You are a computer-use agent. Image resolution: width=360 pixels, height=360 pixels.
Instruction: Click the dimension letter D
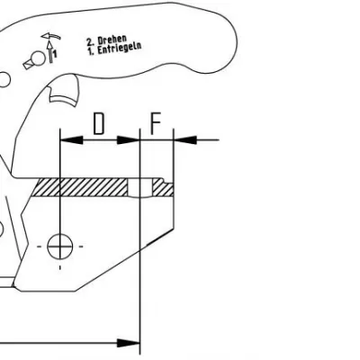(x=99, y=123)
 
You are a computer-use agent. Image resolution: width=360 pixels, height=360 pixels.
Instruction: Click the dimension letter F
(x=156, y=123)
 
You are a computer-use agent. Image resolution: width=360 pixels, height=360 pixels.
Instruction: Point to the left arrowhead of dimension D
(x=72, y=139)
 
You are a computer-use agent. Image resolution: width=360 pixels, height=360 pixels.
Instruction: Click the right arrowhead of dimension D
(x=128, y=139)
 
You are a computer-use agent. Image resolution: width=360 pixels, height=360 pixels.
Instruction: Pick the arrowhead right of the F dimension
(x=185, y=139)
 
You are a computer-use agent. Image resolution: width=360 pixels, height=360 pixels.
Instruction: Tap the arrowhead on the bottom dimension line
(x=129, y=343)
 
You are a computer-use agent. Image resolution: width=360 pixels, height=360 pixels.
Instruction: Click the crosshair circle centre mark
(x=60, y=247)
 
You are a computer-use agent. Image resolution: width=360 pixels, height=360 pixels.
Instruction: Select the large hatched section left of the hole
(x=79, y=187)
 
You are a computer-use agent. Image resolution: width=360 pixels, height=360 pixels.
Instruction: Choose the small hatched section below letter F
(x=163, y=188)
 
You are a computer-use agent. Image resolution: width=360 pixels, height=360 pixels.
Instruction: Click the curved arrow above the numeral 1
(x=51, y=36)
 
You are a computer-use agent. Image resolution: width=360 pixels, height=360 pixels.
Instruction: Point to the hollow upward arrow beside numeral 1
(x=50, y=52)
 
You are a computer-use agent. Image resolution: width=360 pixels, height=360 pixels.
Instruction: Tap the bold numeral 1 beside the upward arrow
(x=55, y=54)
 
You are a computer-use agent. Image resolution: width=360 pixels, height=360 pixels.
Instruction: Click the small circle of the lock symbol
(x=39, y=58)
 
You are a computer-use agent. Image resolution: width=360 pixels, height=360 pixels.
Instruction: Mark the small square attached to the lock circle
(x=29, y=64)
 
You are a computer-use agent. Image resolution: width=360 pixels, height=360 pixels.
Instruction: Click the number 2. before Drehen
(x=90, y=41)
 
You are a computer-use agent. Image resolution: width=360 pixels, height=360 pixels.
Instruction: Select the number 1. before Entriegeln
(x=91, y=51)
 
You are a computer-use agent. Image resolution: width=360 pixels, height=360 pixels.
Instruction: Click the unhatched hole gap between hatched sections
(x=140, y=188)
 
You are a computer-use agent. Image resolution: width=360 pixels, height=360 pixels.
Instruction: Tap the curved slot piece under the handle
(x=64, y=98)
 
